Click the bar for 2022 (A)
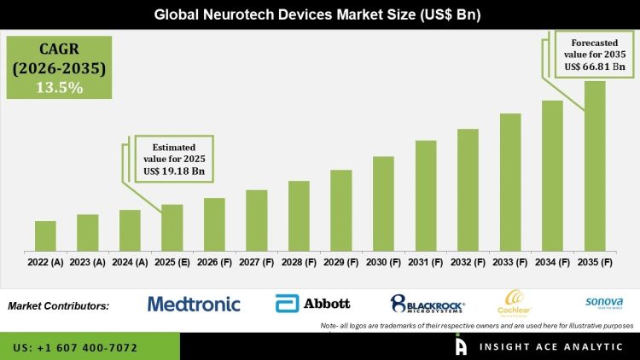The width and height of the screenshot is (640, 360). click(x=45, y=236)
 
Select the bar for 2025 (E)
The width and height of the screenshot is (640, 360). click(x=172, y=228)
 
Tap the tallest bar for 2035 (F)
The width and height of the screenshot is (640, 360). click(x=594, y=166)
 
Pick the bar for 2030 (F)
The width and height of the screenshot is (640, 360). click(x=383, y=204)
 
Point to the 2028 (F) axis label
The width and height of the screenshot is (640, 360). click(x=299, y=263)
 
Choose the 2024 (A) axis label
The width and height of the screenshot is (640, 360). click(x=130, y=263)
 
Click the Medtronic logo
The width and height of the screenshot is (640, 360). click(x=194, y=304)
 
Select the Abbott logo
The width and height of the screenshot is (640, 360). click(x=313, y=304)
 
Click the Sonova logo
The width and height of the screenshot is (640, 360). click(x=604, y=302)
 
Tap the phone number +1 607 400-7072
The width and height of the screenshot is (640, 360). click(x=78, y=348)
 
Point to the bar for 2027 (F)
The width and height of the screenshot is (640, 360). click(x=257, y=220)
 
